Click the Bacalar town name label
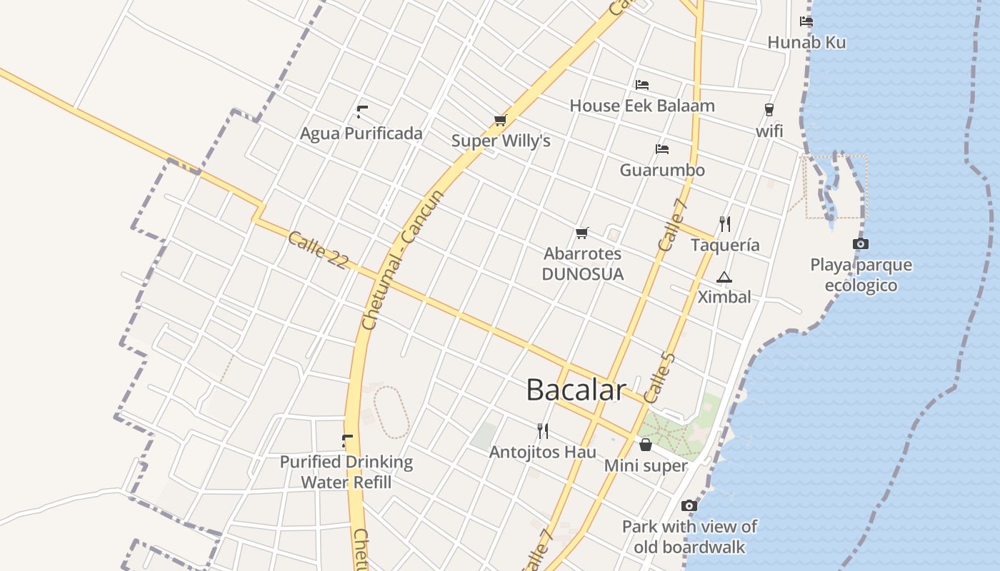576,390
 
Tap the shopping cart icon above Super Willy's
500,121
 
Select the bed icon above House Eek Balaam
642,85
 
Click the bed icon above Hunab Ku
806,21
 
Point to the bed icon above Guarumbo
662,149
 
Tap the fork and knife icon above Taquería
725,224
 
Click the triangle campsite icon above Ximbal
724,277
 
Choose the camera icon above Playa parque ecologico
861,244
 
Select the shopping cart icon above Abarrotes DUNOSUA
582,233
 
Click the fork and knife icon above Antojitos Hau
543,430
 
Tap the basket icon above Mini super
646,445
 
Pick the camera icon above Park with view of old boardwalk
689,506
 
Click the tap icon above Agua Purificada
361,112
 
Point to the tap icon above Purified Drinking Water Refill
347,441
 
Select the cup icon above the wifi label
769,110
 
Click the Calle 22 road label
318,251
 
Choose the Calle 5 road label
659,377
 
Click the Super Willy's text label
501,141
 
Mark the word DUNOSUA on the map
583,274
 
